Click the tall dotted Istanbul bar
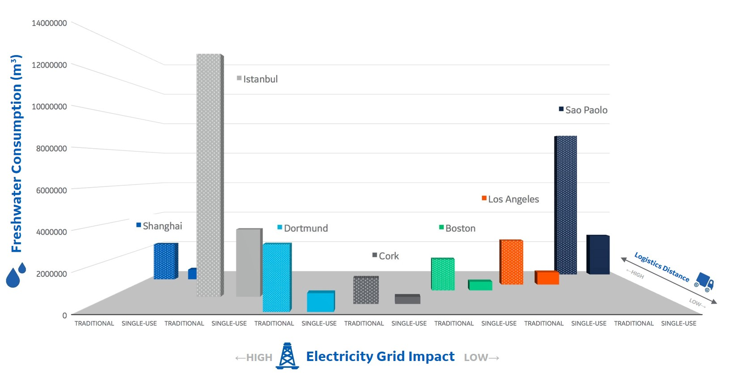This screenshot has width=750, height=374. coord(209,175)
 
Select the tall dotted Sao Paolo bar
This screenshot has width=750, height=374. coord(566,205)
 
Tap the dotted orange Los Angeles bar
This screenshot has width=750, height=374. coord(511,262)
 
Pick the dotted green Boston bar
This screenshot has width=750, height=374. coord(443,274)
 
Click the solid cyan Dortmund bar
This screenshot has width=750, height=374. coord(320,301)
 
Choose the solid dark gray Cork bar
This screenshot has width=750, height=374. coord(407,299)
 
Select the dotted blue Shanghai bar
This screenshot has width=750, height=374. coord(165,261)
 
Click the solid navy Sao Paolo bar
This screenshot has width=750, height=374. coord(598,254)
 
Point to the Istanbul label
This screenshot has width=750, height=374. coord(260,79)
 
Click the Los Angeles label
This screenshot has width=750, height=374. coord(513,199)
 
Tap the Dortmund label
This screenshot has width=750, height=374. coord(306,228)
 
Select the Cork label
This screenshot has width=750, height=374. coord(388,256)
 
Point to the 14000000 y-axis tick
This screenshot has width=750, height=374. coord(49,23)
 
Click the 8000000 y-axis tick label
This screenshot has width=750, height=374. coord(51,149)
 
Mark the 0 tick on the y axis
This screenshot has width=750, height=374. coord(64,315)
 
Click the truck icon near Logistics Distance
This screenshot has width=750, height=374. coord(705,282)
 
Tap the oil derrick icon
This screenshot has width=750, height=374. coord(287,356)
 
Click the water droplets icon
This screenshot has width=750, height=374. coord(16,275)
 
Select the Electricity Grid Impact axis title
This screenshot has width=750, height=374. coord(380,357)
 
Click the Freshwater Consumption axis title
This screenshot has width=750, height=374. coord(17,154)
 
